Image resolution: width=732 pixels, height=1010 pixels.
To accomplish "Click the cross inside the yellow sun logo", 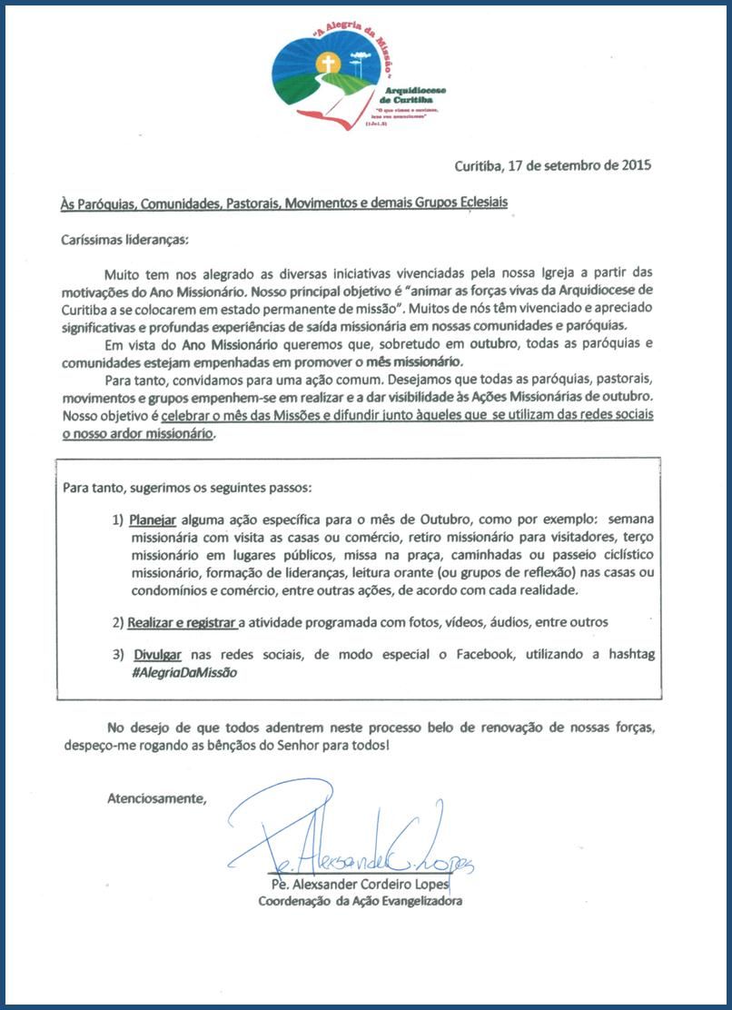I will (328, 64).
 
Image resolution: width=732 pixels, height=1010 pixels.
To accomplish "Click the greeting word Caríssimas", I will (92, 241).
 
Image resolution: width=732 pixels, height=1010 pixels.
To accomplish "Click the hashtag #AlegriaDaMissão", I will (184, 672).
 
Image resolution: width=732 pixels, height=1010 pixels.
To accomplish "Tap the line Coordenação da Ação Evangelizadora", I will (361, 902).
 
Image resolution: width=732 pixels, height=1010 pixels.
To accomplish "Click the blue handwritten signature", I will (354, 840).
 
